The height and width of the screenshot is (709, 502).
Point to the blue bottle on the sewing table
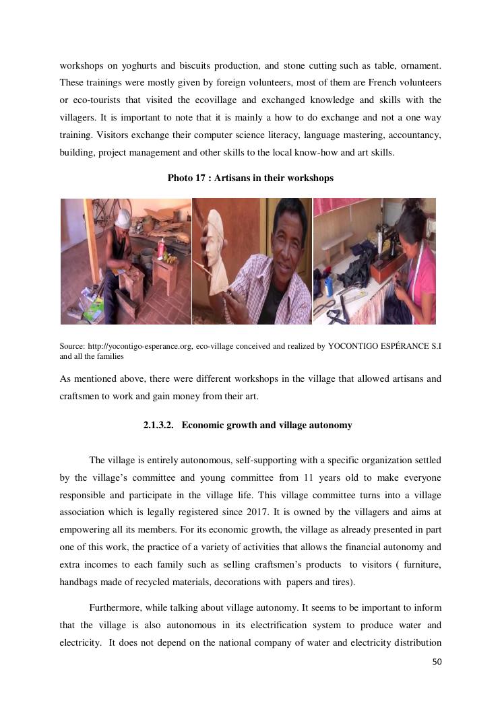[x=328, y=285]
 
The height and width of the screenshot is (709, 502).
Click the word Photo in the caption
[x=180, y=178]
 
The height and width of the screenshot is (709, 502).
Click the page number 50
[x=437, y=663]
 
